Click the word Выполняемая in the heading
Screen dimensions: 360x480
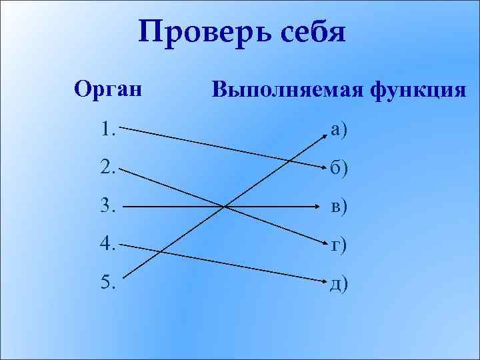tap(285, 89)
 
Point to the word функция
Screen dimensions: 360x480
tap(417, 89)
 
